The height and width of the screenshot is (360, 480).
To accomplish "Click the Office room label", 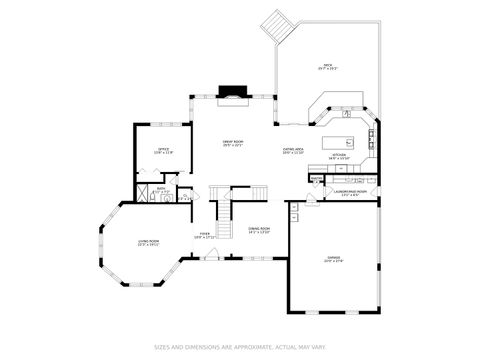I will coord(164,151).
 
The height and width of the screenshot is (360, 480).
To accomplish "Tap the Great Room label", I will coord(234,145).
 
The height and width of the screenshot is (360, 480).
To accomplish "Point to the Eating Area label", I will coord(293,151).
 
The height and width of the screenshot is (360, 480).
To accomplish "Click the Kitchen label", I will coord(339,155).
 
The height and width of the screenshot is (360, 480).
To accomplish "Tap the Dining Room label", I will coord(259,230).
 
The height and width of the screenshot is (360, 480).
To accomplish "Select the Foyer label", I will coord(204,235).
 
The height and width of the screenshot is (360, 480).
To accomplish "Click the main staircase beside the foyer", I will coord(225,211).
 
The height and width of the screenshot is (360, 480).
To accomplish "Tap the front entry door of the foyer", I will coord(211,257).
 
